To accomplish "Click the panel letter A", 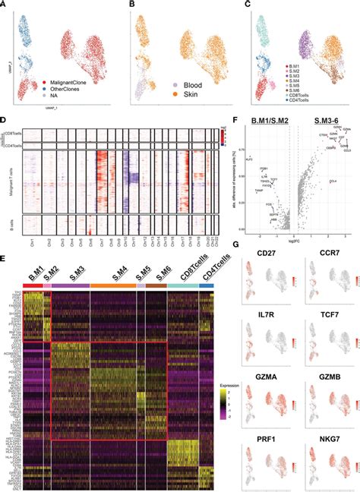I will (x=5, y=5).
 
